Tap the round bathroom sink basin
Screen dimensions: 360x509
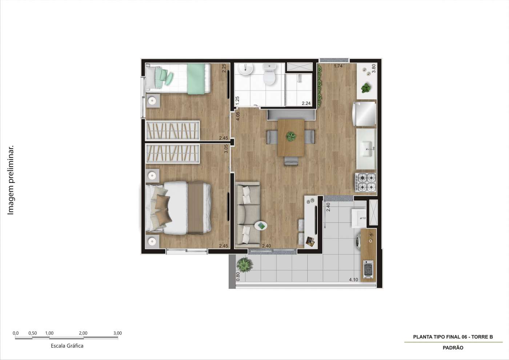pyautogui.click(x=247, y=69)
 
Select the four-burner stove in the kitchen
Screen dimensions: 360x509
pyautogui.click(x=366, y=183)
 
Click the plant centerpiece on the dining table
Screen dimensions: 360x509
pyautogui.click(x=291, y=136)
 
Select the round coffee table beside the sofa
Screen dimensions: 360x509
pyautogui.click(x=261, y=226)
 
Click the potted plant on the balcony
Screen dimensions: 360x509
pyautogui.click(x=244, y=264)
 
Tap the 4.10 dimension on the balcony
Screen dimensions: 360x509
pyautogui.click(x=353, y=280)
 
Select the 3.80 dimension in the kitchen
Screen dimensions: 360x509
pyautogui.click(x=373, y=69)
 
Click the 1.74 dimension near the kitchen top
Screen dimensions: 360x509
pyautogui.click(x=338, y=66)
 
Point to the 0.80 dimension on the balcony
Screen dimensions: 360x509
pyautogui.click(x=238, y=276)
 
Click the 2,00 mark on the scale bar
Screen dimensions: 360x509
pyautogui.click(x=83, y=333)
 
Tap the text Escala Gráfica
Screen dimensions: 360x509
pyautogui.click(x=67, y=346)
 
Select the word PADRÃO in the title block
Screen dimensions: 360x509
pyautogui.click(x=453, y=348)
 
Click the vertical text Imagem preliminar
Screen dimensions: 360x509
pyautogui.click(x=11, y=180)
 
